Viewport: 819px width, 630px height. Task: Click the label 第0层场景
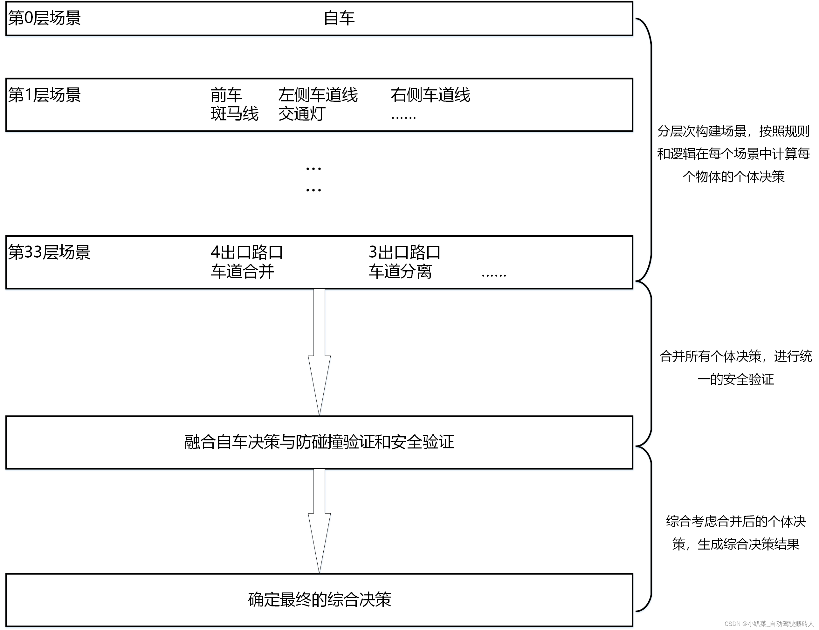point(44,18)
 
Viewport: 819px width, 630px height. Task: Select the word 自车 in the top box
point(339,18)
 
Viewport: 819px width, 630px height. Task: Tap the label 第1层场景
point(44,95)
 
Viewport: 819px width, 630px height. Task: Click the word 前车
point(226,95)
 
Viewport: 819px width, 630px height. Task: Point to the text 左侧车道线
point(318,95)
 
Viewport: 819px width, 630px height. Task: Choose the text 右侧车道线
point(430,95)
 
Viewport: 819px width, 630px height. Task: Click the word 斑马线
point(234,114)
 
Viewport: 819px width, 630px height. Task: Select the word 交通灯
point(302,114)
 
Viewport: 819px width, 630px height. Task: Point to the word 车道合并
point(243,271)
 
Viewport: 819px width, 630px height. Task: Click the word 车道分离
point(400,271)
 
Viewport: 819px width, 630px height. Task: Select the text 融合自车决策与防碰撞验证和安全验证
point(319,442)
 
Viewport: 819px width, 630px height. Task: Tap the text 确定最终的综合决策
point(319,599)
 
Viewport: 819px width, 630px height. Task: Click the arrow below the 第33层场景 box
point(319,352)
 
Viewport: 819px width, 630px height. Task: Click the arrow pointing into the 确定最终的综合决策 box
point(319,521)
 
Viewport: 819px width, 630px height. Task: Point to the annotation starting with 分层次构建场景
point(733,154)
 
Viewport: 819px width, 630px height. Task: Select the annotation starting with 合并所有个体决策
point(735,368)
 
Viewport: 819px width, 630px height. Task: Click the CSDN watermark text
point(769,624)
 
